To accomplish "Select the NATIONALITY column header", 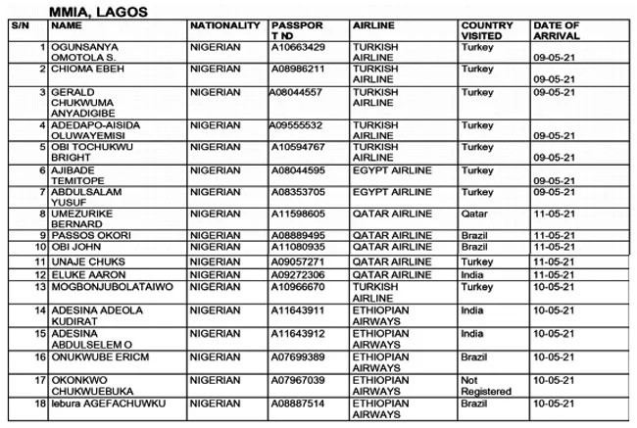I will tap(225, 25).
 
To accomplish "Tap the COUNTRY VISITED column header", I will tap(487, 30).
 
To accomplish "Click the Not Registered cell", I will tap(486, 385).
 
